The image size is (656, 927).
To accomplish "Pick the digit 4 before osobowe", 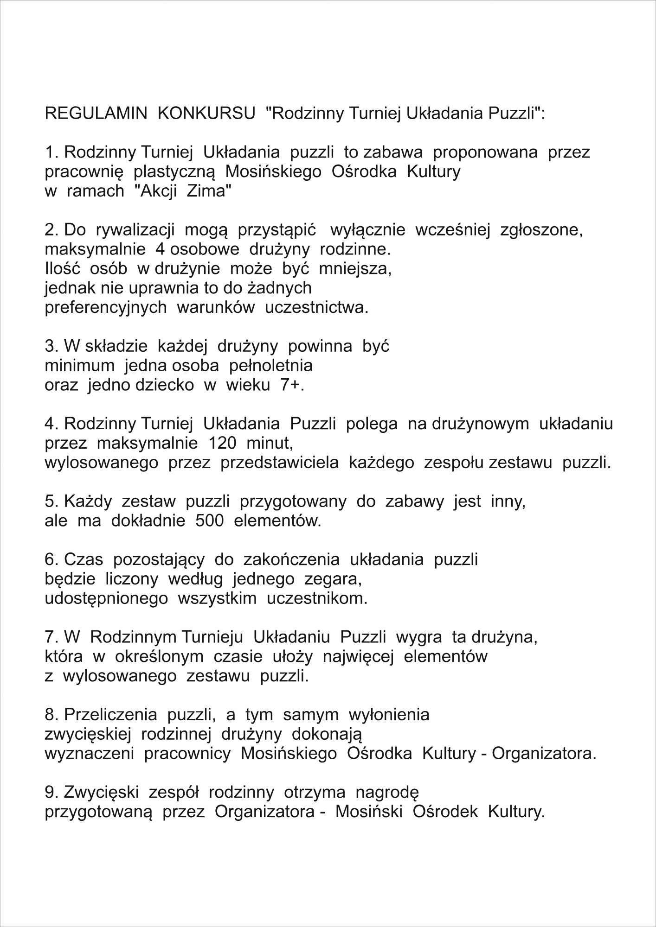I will [161, 249].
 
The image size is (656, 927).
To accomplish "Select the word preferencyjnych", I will [106, 307].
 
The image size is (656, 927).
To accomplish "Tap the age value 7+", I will [292, 385].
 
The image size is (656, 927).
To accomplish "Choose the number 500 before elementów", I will [210, 521].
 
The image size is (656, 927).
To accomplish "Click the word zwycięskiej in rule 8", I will [88, 735].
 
